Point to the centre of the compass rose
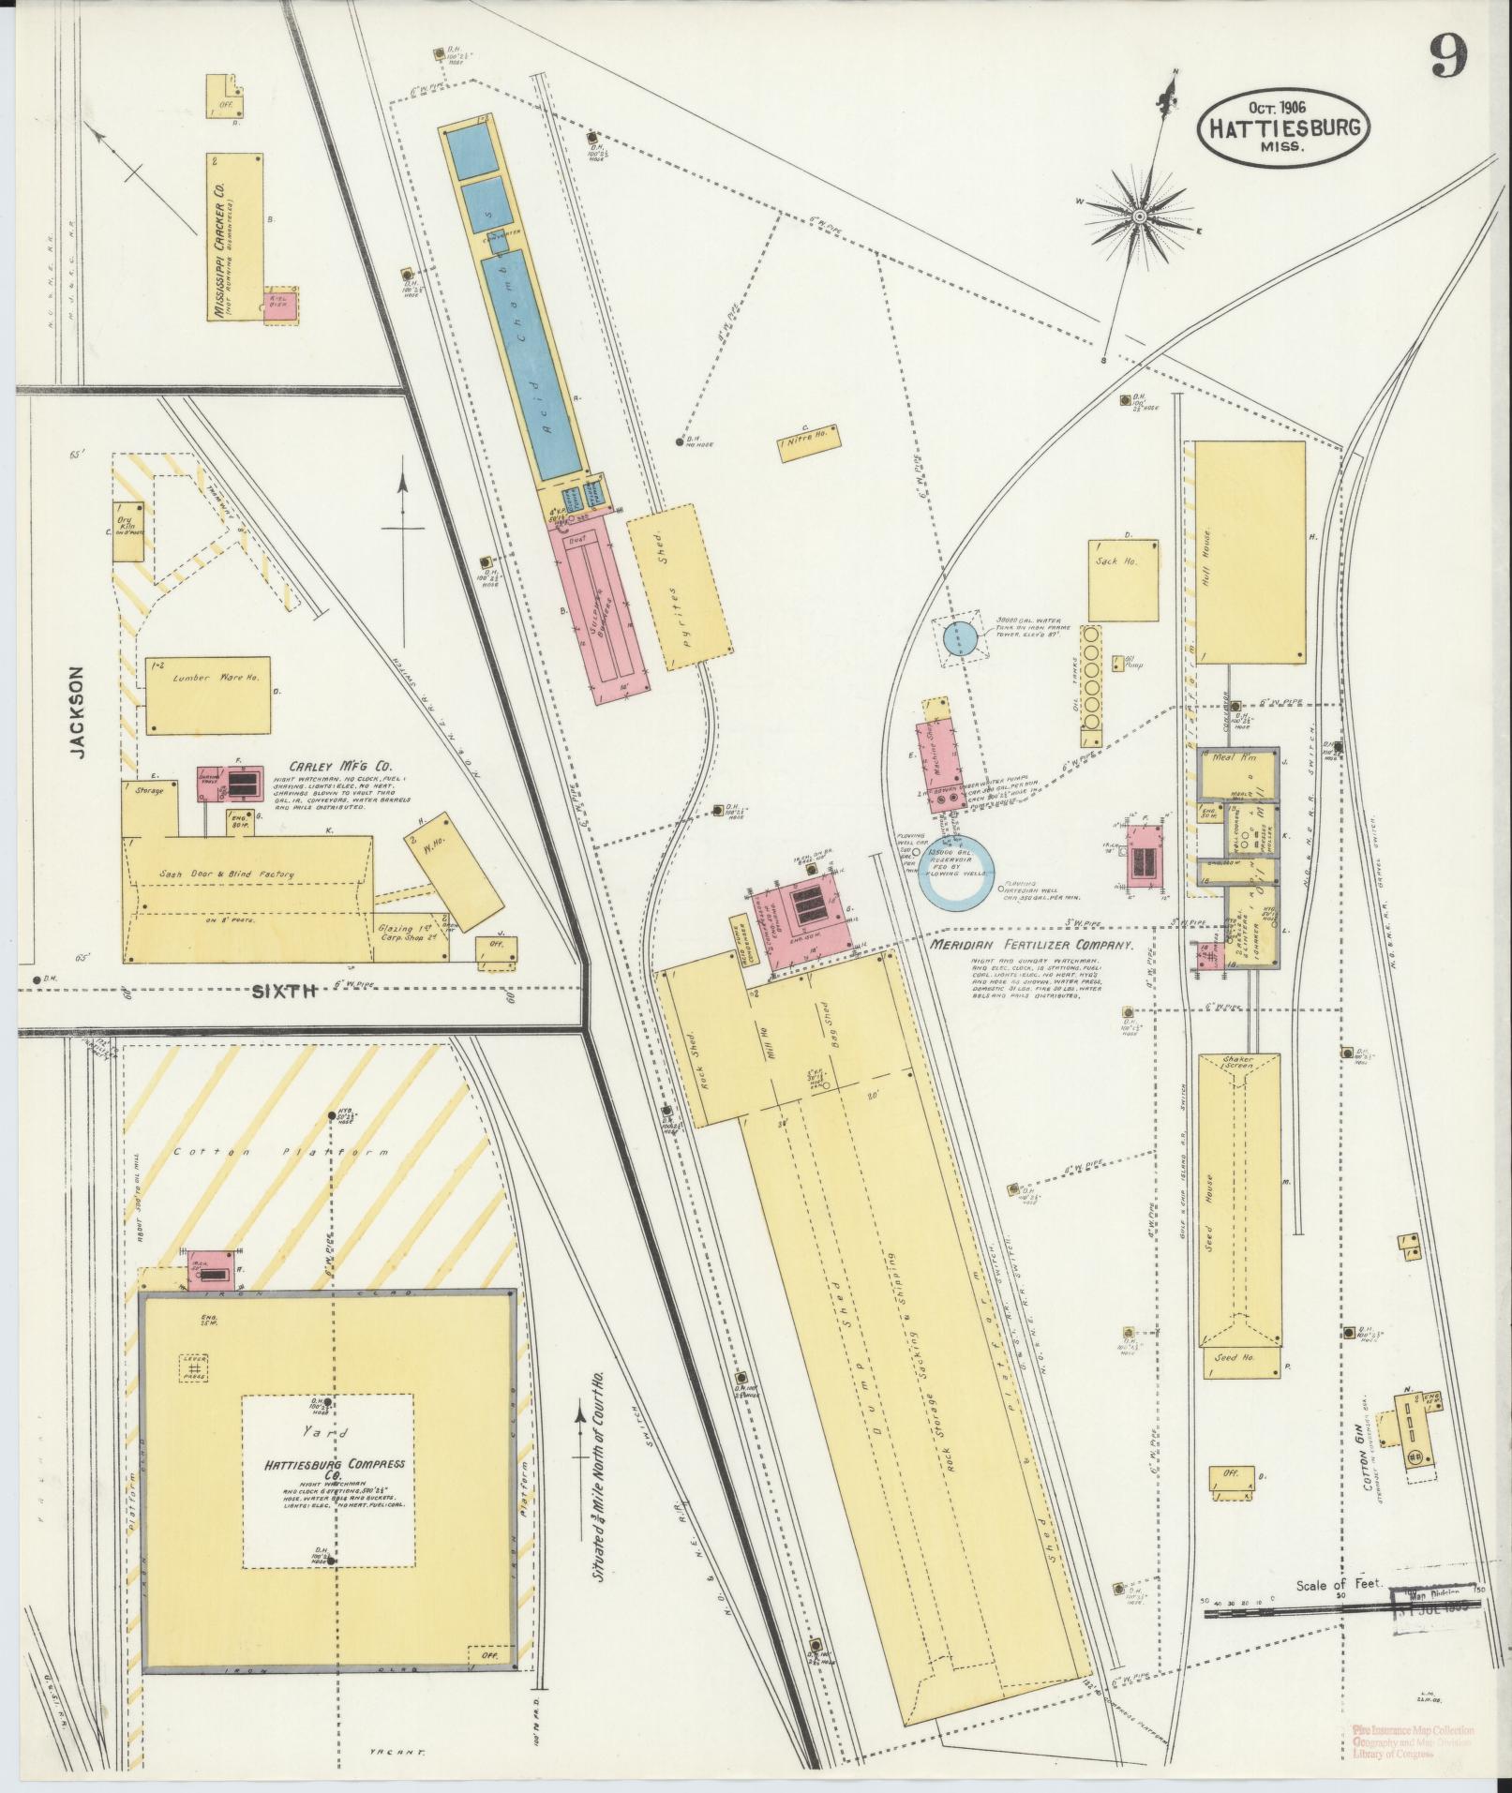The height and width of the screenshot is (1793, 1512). pos(1140,217)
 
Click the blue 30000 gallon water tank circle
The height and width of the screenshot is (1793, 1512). pos(961,638)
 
